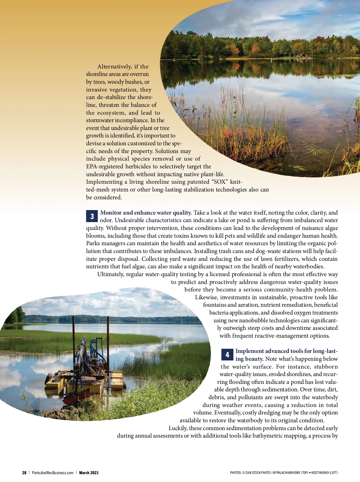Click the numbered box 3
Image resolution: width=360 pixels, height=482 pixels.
pyautogui.click(x=92, y=216)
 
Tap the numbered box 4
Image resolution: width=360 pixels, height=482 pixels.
pyautogui.click(x=227, y=354)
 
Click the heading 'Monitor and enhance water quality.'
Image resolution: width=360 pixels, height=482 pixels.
pyautogui.click(x=146, y=212)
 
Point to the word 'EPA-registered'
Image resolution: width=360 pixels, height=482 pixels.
pyautogui.click(x=104, y=166)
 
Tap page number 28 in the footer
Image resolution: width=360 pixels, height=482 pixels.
pyautogui.click(x=24, y=473)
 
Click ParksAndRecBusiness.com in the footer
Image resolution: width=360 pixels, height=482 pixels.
pyautogui.click(x=52, y=473)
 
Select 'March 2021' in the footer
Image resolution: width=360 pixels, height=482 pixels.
pyautogui.click(x=89, y=473)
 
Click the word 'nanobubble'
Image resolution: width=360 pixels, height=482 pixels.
pyautogui.click(x=253, y=320)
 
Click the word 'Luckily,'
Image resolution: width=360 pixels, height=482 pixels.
pyautogui.click(x=178, y=428)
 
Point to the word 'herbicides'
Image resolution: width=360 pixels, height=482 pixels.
pyautogui.click(x=138, y=166)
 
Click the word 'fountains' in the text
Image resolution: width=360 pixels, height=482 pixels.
pyautogui.click(x=215, y=305)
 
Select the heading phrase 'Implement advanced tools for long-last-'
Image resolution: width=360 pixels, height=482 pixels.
pyautogui.click(x=286, y=351)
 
